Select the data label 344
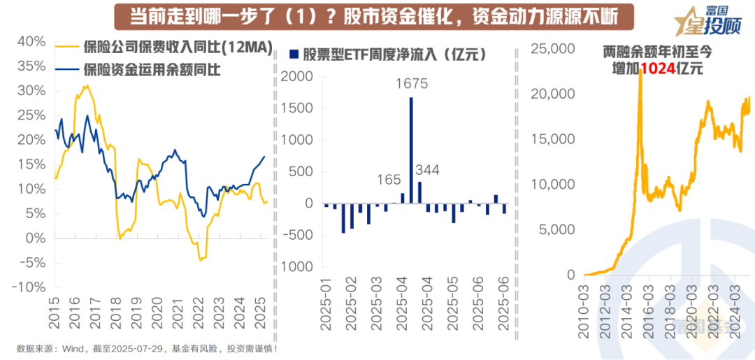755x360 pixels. coord(428,170)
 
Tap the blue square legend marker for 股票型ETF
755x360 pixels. coord(294,54)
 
